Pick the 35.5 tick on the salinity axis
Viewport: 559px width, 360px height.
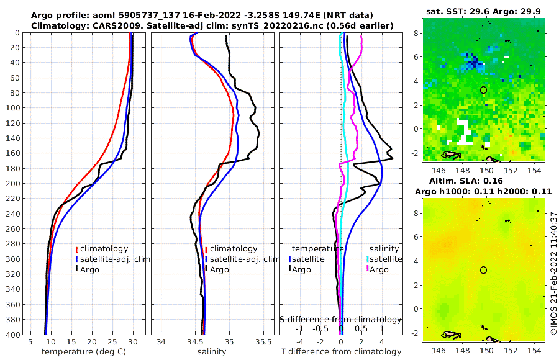264,343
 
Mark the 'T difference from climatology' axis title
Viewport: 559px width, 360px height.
340,352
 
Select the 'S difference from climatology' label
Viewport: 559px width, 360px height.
340,319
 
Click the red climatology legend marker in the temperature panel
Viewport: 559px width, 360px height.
77,249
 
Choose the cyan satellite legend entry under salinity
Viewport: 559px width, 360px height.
368,259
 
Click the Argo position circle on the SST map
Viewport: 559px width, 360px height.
483,90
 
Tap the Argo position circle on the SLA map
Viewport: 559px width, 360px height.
483,270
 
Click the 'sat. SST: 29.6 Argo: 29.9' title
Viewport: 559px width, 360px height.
484,12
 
